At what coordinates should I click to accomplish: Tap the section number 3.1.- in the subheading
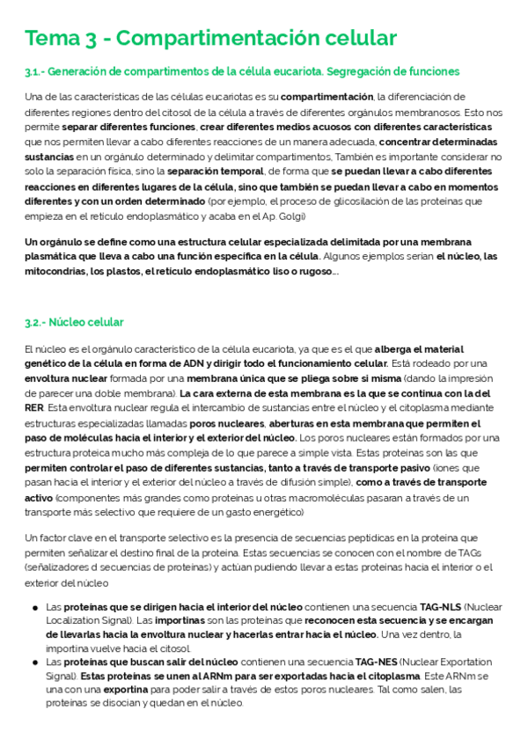pyautogui.click(x=38, y=71)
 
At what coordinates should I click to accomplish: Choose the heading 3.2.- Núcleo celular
pyautogui.click(x=75, y=323)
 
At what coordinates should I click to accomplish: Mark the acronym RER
pyautogui.click(x=34, y=409)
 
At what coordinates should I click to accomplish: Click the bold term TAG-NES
pyautogui.click(x=378, y=662)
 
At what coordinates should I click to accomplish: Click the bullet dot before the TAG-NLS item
pyautogui.click(x=33, y=608)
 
